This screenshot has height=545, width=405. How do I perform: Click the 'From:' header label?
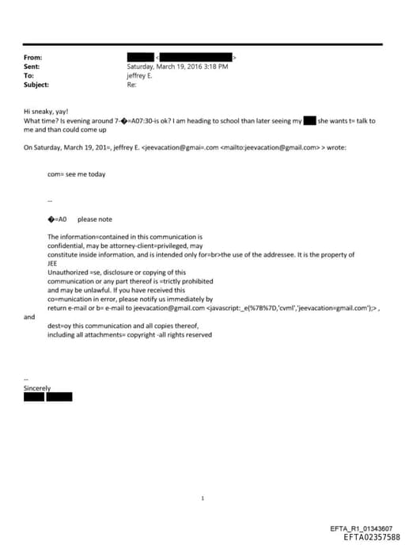coord(33,58)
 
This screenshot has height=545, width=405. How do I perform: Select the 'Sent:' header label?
coord(32,67)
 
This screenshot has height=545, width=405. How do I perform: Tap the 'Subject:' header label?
coord(36,84)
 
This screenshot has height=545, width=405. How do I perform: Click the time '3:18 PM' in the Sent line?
coord(214,67)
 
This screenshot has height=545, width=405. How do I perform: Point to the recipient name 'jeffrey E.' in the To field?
coord(140,75)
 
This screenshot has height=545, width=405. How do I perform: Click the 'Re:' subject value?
coord(131,84)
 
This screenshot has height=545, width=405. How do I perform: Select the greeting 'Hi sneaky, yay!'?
coord(46,112)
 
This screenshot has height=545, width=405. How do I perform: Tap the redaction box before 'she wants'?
coord(310,120)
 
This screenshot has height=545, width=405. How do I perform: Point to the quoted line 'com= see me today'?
coord(76,173)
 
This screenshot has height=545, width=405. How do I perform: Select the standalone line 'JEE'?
coord(53,264)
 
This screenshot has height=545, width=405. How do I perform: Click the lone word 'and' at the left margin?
coord(29,317)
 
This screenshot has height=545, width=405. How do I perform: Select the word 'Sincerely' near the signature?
coord(36,388)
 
